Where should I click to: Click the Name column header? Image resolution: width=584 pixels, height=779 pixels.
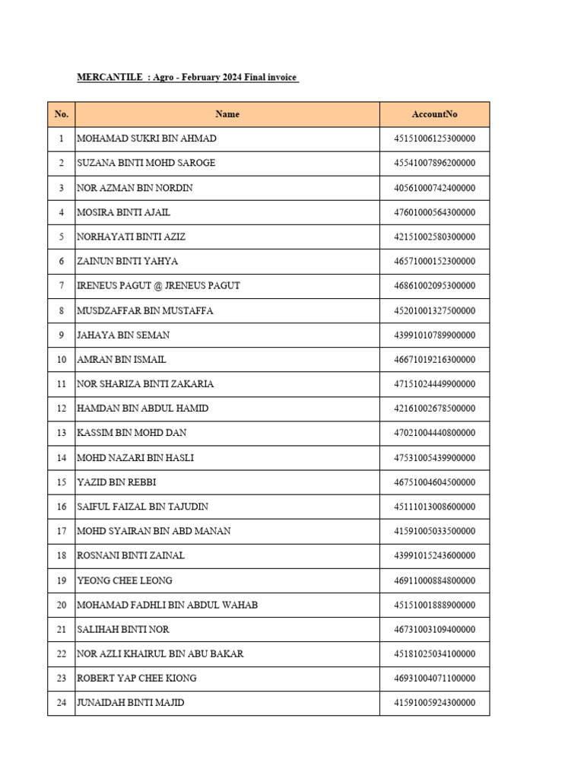[x=227, y=114]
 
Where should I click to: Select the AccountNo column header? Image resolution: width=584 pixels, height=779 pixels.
[x=434, y=114]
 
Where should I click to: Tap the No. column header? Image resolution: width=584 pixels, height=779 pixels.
[x=62, y=114]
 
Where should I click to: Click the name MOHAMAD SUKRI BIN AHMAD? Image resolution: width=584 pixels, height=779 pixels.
[x=147, y=138]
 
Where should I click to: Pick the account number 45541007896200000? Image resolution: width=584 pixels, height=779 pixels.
[x=434, y=163]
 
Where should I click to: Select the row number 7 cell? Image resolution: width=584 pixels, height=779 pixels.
[x=62, y=286]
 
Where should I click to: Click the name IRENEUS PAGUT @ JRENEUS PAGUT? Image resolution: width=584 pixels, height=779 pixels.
[x=158, y=286]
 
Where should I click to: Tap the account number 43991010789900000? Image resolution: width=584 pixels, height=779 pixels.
[x=434, y=335]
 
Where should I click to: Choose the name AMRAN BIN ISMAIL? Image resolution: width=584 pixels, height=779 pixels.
[x=122, y=360]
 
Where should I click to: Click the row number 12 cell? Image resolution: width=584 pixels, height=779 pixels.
[x=62, y=409]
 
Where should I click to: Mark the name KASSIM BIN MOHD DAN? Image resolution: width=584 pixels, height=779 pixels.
[x=132, y=433]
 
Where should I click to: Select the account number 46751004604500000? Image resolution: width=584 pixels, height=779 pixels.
[x=434, y=482]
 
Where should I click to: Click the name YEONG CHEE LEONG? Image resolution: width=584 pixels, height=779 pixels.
[x=125, y=580]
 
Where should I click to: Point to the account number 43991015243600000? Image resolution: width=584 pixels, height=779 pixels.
[x=434, y=556]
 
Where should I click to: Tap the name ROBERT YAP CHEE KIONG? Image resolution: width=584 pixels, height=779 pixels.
[x=137, y=679]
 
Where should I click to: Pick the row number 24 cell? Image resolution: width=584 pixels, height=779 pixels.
[x=62, y=703]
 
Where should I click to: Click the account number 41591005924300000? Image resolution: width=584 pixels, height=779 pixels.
[x=434, y=703]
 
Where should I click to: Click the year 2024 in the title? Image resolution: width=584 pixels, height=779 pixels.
[x=235, y=78]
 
